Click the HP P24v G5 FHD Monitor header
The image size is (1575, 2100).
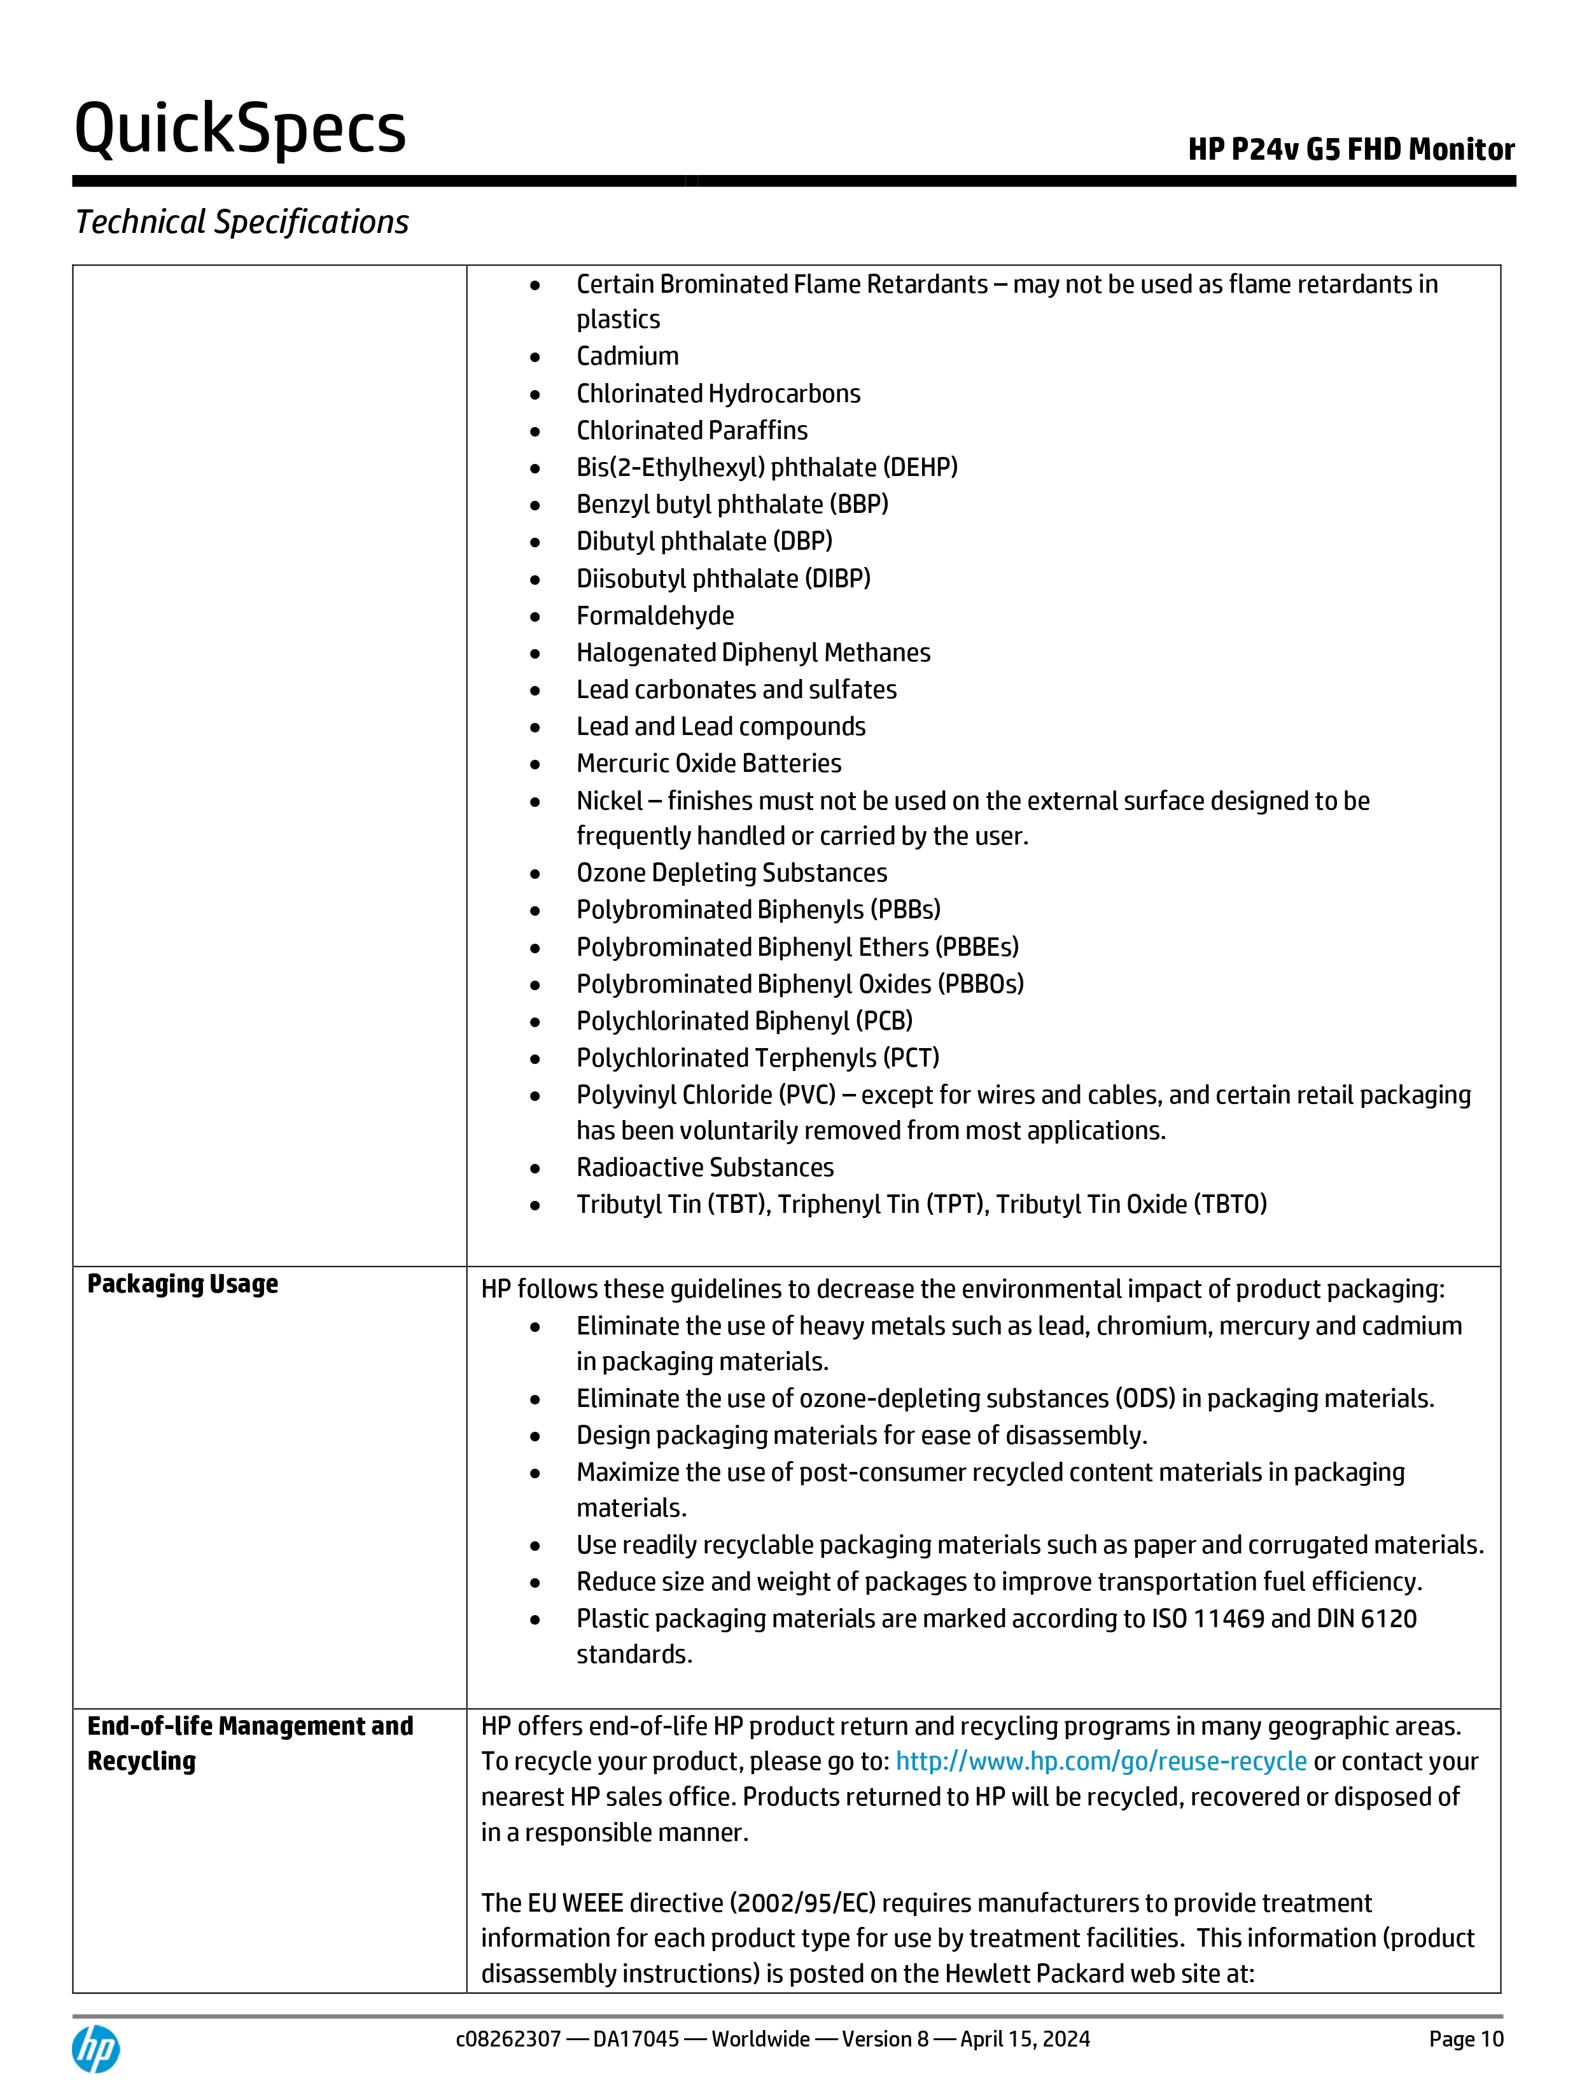pyautogui.click(x=1350, y=150)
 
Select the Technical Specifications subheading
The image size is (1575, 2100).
pyautogui.click(x=242, y=222)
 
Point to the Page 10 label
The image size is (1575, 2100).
pyautogui.click(x=1466, y=2038)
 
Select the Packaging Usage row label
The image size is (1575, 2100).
pyautogui.click(x=182, y=1284)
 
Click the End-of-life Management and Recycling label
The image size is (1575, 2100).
pyautogui.click(x=249, y=1742)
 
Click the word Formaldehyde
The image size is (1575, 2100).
pyautogui.click(x=655, y=616)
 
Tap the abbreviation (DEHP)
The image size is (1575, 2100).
pyautogui.click(x=920, y=467)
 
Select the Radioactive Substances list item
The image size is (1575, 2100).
pyautogui.click(x=704, y=1168)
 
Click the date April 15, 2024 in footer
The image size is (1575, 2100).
pyautogui.click(x=1025, y=2038)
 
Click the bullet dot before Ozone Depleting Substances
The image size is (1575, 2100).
pyautogui.click(x=535, y=874)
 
